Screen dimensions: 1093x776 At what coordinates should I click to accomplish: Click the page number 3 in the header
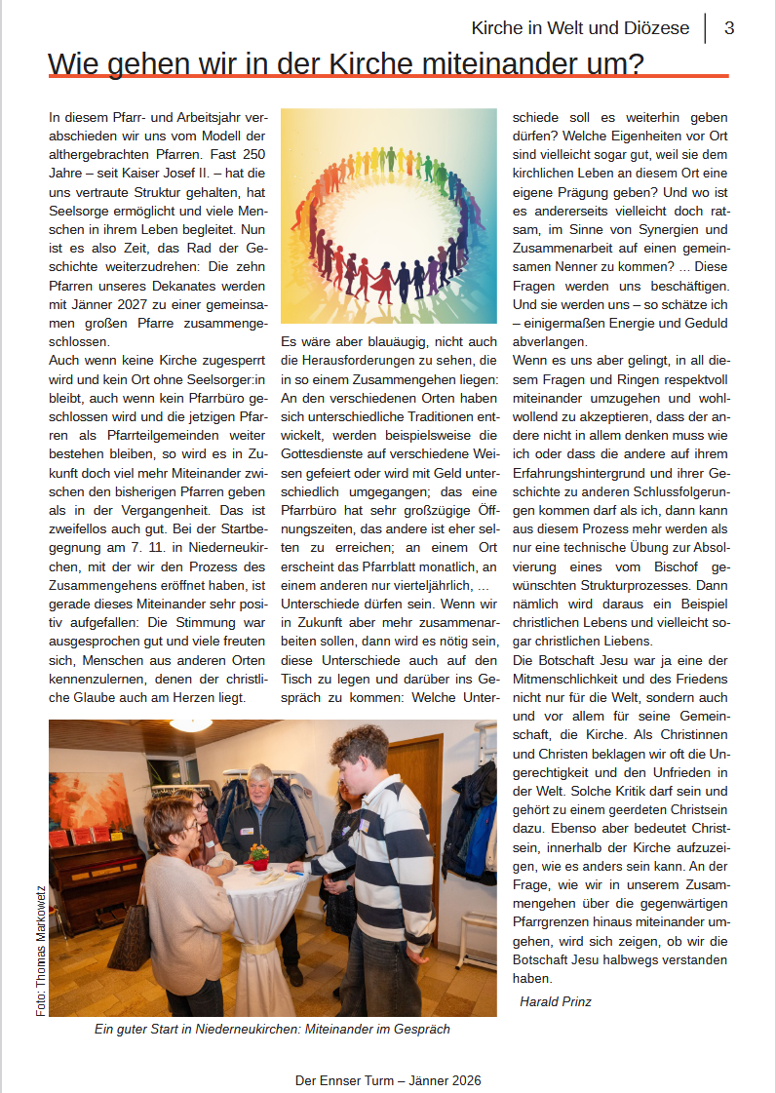point(729,28)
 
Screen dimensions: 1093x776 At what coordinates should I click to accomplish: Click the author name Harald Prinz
point(556,1001)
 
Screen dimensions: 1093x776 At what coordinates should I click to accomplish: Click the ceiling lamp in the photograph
point(191,724)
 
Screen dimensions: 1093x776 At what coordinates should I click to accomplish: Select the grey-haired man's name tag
point(247,831)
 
